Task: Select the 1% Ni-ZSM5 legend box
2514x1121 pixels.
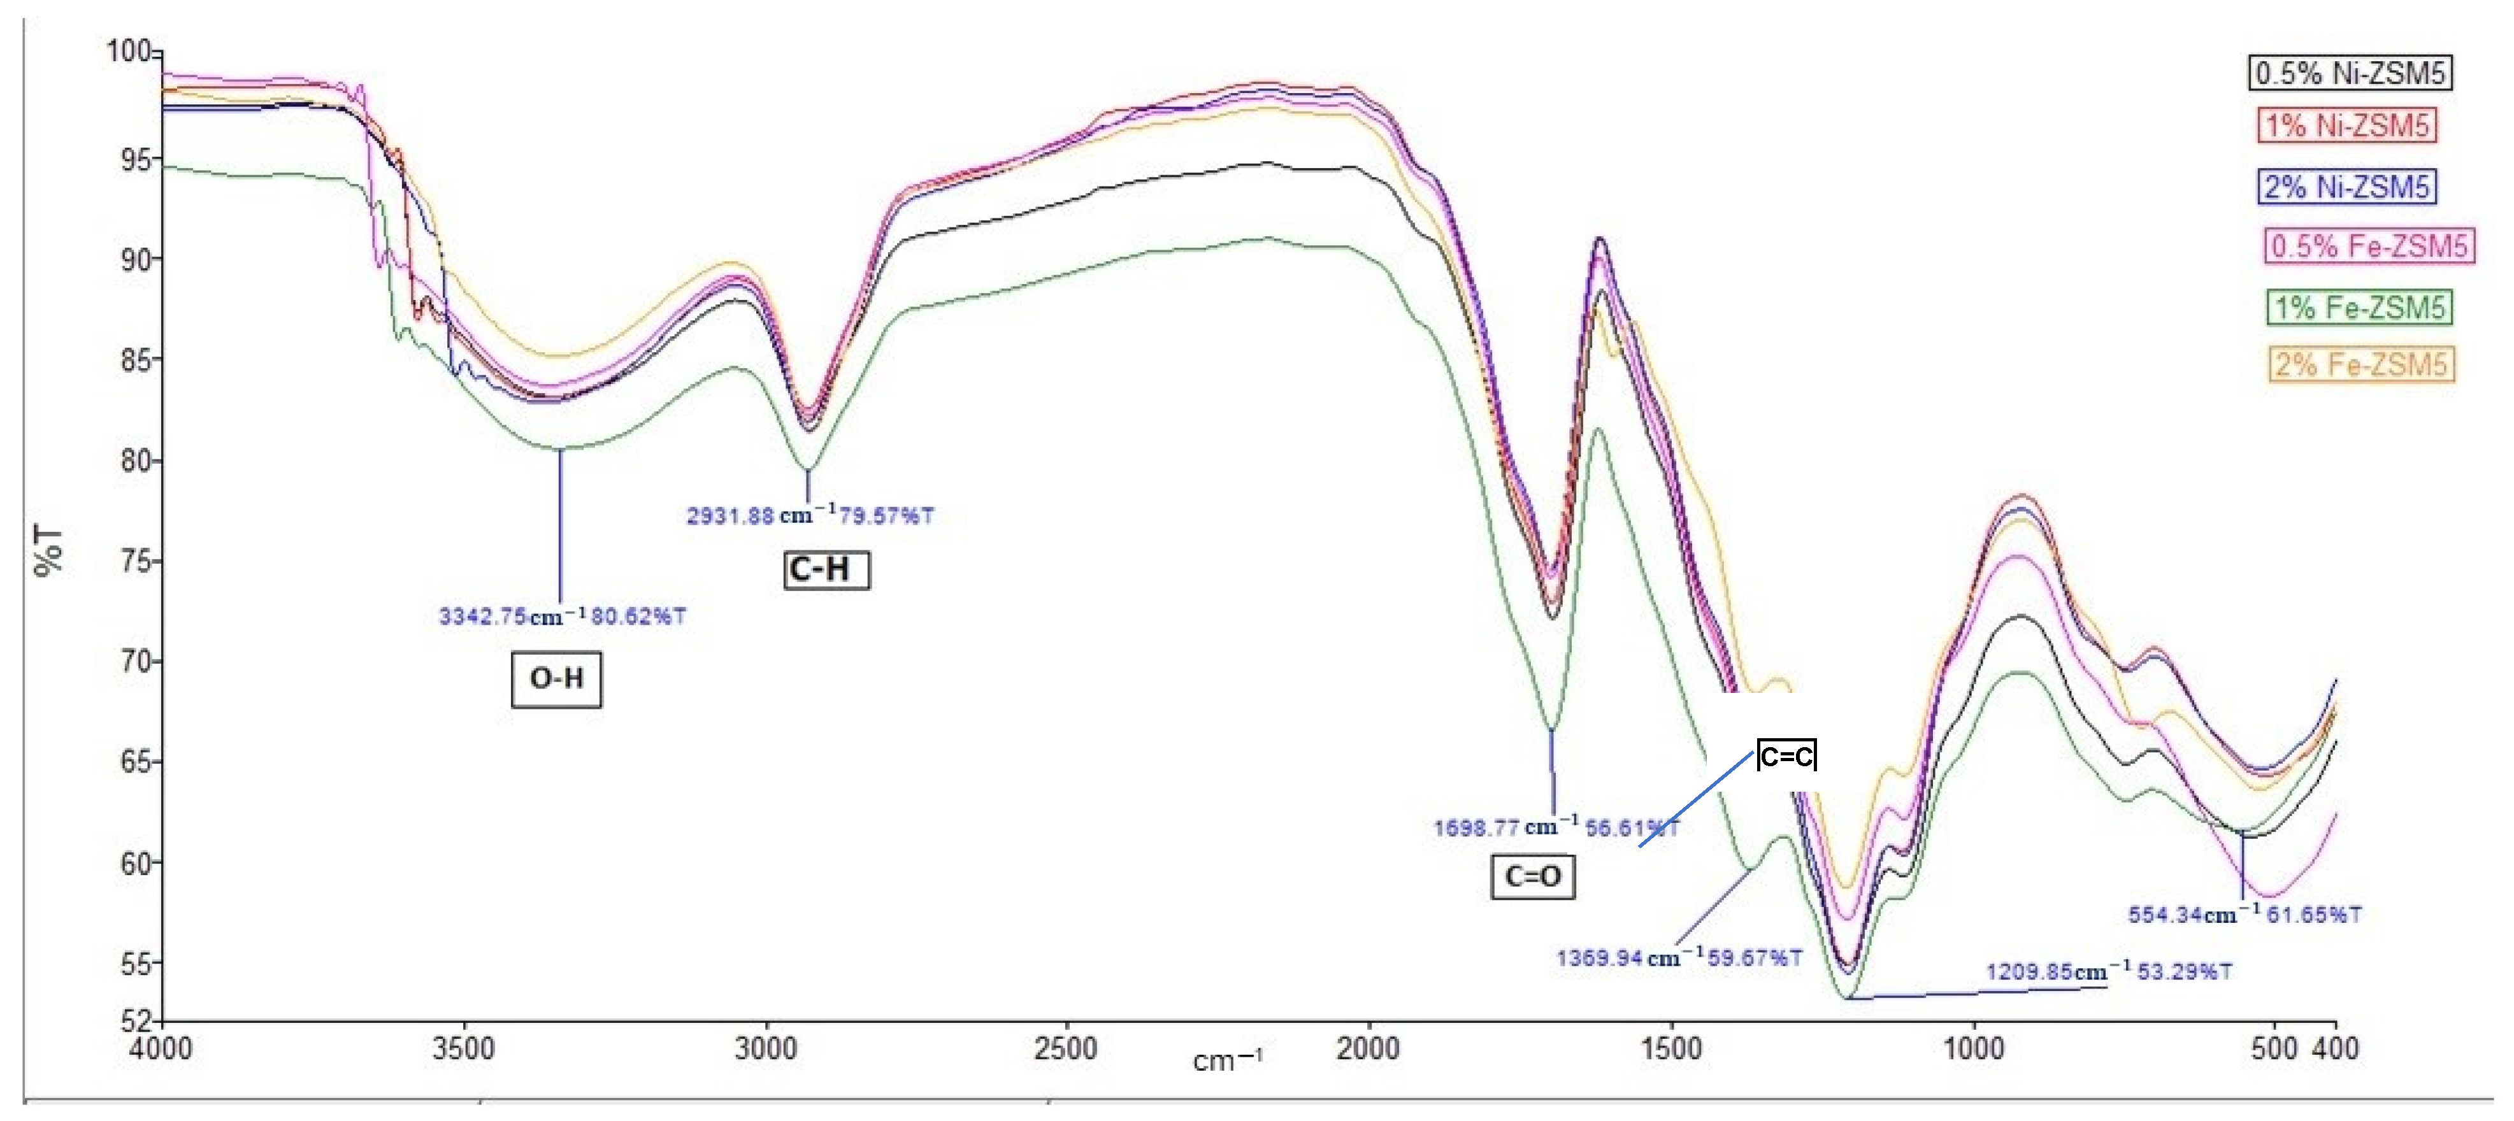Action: (2346, 126)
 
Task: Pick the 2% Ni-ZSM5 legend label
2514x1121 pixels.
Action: (2346, 187)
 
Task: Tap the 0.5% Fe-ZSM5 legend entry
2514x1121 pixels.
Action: (2369, 246)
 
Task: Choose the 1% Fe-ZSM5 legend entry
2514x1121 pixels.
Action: (2359, 308)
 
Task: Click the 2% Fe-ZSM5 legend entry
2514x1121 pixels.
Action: (2361, 365)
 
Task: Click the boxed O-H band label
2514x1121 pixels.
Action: (556, 679)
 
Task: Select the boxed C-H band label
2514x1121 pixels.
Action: (826, 570)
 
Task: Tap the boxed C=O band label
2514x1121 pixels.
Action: (1532, 876)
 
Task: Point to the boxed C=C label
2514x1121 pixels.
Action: (1786, 756)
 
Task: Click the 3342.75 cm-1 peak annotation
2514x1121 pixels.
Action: (562, 617)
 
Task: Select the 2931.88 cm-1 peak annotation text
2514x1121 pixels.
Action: (809, 515)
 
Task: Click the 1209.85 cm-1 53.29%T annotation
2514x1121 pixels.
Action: (2109, 972)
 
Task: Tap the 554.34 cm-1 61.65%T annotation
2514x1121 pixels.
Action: (2245, 915)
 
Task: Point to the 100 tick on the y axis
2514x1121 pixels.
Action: (128, 51)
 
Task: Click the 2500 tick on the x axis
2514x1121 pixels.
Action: (1067, 1049)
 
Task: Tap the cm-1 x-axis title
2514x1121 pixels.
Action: (1227, 1060)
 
